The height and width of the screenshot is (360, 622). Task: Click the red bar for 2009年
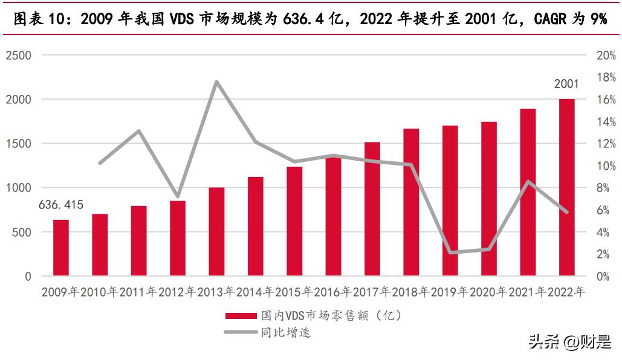pyautogui.click(x=61, y=248)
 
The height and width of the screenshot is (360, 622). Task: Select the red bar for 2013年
pyautogui.click(x=216, y=231)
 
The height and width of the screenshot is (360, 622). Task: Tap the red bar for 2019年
pyautogui.click(x=450, y=201)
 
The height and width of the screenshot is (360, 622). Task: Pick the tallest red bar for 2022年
pyautogui.click(x=566, y=187)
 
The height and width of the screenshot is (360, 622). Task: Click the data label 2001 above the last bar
pyautogui.click(x=566, y=84)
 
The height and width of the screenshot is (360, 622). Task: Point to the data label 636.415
pyautogui.click(x=61, y=205)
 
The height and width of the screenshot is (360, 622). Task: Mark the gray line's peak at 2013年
pyautogui.click(x=216, y=82)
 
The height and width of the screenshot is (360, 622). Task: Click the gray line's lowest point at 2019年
pyautogui.click(x=450, y=252)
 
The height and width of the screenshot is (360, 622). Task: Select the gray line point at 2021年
pyautogui.click(x=528, y=182)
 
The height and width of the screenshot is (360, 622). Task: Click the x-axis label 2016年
pyautogui.click(x=332, y=292)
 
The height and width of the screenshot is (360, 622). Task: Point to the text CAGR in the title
pyautogui.click(x=550, y=19)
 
